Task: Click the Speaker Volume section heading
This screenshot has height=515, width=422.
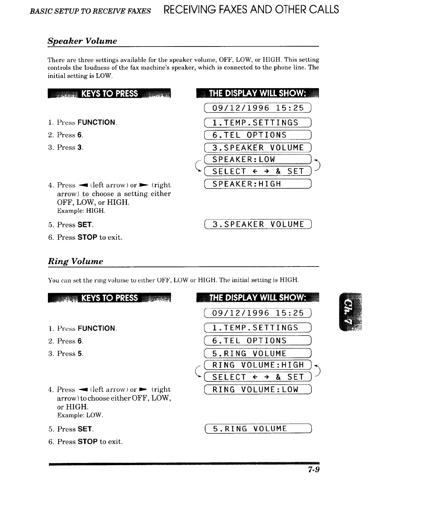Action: [x=82, y=41]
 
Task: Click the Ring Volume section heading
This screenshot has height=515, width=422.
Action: [x=75, y=261]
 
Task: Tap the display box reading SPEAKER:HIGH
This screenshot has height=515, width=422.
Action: [x=258, y=184]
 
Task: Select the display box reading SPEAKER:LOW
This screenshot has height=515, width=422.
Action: [x=258, y=160]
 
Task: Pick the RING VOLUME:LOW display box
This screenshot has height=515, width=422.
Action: [x=258, y=390]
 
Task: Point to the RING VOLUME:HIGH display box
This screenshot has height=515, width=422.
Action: [x=258, y=365]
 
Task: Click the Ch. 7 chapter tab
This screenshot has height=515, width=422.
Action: [x=351, y=312]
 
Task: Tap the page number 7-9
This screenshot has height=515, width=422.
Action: [x=313, y=470]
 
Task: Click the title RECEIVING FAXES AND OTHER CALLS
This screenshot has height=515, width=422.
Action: [x=251, y=10]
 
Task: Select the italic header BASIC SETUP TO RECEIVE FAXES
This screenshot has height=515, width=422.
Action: [x=91, y=11]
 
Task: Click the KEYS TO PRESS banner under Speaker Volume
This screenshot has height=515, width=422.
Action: [x=109, y=94]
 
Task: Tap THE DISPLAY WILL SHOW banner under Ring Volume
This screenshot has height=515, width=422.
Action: [x=257, y=298]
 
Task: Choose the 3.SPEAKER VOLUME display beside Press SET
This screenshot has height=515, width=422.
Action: [x=258, y=225]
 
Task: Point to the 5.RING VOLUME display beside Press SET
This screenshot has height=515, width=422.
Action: [x=258, y=429]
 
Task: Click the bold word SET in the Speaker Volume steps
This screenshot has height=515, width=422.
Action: [x=85, y=225]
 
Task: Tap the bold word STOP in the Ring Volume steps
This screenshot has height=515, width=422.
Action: [x=87, y=442]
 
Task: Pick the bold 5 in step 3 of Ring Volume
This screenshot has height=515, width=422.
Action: [x=80, y=354]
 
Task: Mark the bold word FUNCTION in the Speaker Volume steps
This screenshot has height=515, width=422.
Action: [x=96, y=123]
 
